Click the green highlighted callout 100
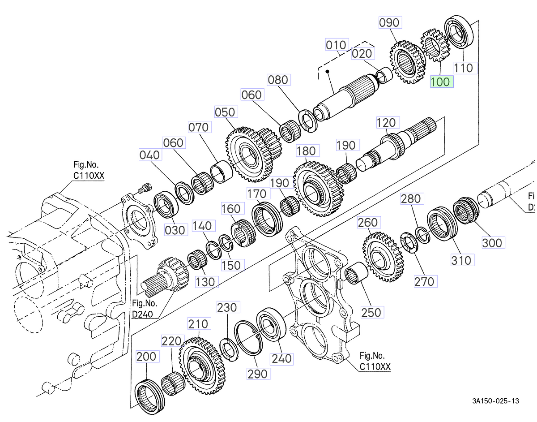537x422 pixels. click(442, 82)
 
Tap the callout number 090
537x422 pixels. click(390, 22)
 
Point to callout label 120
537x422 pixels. click(386, 123)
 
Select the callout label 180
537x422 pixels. click(306, 151)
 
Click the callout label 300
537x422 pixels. click(492, 243)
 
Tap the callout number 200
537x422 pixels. click(147, 357)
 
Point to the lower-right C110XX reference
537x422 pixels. click(375, 367)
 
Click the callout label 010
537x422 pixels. click(336, 45)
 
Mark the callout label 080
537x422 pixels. click(278, 80)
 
